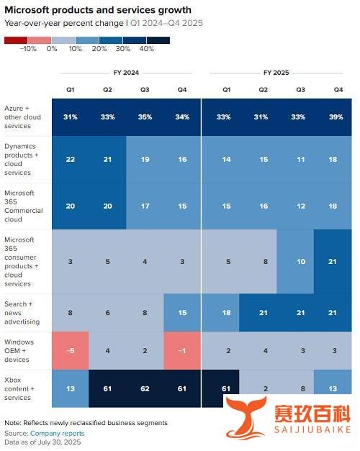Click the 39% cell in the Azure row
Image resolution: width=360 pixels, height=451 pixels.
coord(336,117)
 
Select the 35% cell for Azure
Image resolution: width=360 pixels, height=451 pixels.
coord(145,117)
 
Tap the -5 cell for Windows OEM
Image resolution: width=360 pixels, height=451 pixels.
coord(71,350)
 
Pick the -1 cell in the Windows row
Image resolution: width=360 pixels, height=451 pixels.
coord(182,350)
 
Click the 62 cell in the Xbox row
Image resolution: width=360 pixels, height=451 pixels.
coord(145,388)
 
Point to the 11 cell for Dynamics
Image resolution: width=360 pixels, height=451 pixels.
coord(301,160)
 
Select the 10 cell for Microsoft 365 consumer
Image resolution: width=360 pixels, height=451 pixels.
coord(301,261)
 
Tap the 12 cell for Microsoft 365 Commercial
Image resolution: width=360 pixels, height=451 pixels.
coord(301,206)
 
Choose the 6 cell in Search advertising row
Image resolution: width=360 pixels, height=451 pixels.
coord(107,313)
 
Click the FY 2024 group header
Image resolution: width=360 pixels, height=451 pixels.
coord(126,73)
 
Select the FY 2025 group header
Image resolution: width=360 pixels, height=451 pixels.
coord(276,73)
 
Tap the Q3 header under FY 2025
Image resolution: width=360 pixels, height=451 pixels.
coord(301,90)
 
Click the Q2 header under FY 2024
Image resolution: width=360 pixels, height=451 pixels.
coord(107,90)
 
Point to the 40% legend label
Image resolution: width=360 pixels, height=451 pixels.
coord(147,49)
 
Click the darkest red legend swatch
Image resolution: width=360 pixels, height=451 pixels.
coord(16,40)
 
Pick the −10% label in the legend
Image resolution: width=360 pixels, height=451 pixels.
coord(28,49)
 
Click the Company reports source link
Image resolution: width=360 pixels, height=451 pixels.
coord(58,433)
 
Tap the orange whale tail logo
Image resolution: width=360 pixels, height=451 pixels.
coord(246,417)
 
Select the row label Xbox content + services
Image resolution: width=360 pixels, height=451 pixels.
coord(19,388)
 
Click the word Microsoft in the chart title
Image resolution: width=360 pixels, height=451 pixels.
coord(27,10)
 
